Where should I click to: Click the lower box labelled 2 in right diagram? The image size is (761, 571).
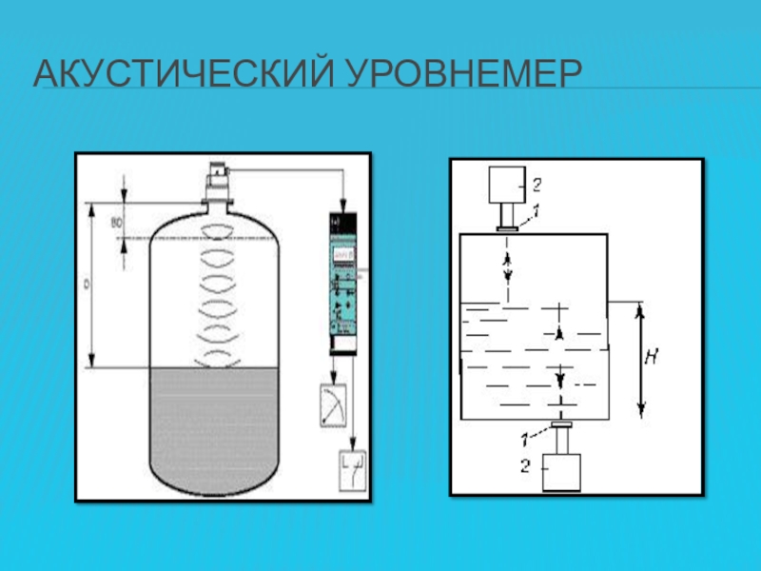point(561,472)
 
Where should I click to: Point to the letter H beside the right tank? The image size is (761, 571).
point(652,358)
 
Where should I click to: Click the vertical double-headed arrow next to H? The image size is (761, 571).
point(641,361)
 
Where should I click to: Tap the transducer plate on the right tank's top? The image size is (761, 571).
point(507,226)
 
